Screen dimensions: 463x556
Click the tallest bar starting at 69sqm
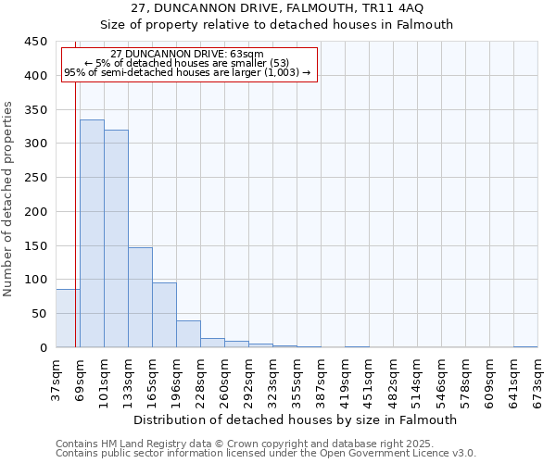click(92, 233)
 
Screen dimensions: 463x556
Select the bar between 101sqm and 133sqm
click(116, 239)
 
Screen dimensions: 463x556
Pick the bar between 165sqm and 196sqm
click(164, 315)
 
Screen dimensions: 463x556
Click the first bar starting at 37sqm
click(68, 319)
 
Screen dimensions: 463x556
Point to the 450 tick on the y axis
click(36, 42)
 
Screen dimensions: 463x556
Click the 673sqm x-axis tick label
click(538, 380)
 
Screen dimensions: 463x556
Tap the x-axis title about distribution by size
click(296, 420)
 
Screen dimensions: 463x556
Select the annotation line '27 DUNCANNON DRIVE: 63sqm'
click(186, 54)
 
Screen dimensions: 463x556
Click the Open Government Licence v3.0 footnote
click(266, 454)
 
